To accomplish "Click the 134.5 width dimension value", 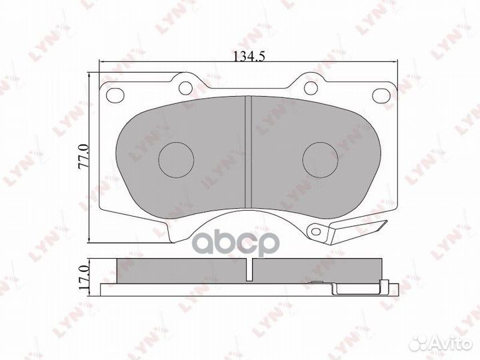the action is point(249,57).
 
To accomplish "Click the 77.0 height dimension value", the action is point(84,157).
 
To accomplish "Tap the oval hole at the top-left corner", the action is point(115,95).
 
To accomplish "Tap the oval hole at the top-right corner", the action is point(381,95).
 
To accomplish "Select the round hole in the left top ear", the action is point(185,88).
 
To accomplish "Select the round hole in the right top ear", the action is point(311,88).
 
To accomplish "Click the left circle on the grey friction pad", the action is point(176,160).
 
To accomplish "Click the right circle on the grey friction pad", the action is point(320,160).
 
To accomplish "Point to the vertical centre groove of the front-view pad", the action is point(248,152).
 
